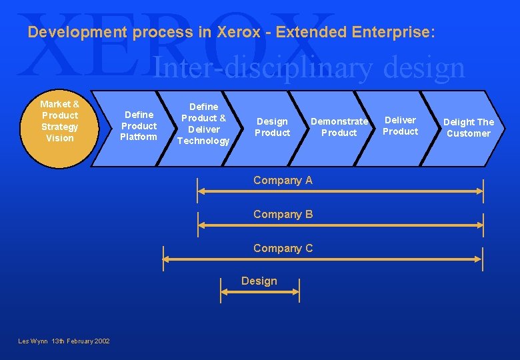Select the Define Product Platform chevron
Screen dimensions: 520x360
[x=138, y=127]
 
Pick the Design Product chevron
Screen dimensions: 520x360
[x=273, y=127]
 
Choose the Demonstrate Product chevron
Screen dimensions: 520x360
[x=339, y=127]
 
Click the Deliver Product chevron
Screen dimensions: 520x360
[x=400, y=126]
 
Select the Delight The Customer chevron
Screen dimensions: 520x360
[x=468, y=127]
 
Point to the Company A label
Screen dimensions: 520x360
[x=283, y=180]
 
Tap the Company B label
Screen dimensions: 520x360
[x=283, y=214]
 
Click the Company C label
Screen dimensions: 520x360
[x=283, y=248]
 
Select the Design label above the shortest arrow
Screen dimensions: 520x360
[x=259, y=281]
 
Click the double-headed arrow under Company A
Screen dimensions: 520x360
[x=340, y=191]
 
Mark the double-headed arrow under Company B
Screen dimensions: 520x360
[x=340, y=225]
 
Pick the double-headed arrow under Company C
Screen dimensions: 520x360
[x=323, y=259]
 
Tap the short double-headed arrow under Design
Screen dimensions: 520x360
[x=260, y=291]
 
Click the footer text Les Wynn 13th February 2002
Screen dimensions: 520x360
[x=64, y=341]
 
